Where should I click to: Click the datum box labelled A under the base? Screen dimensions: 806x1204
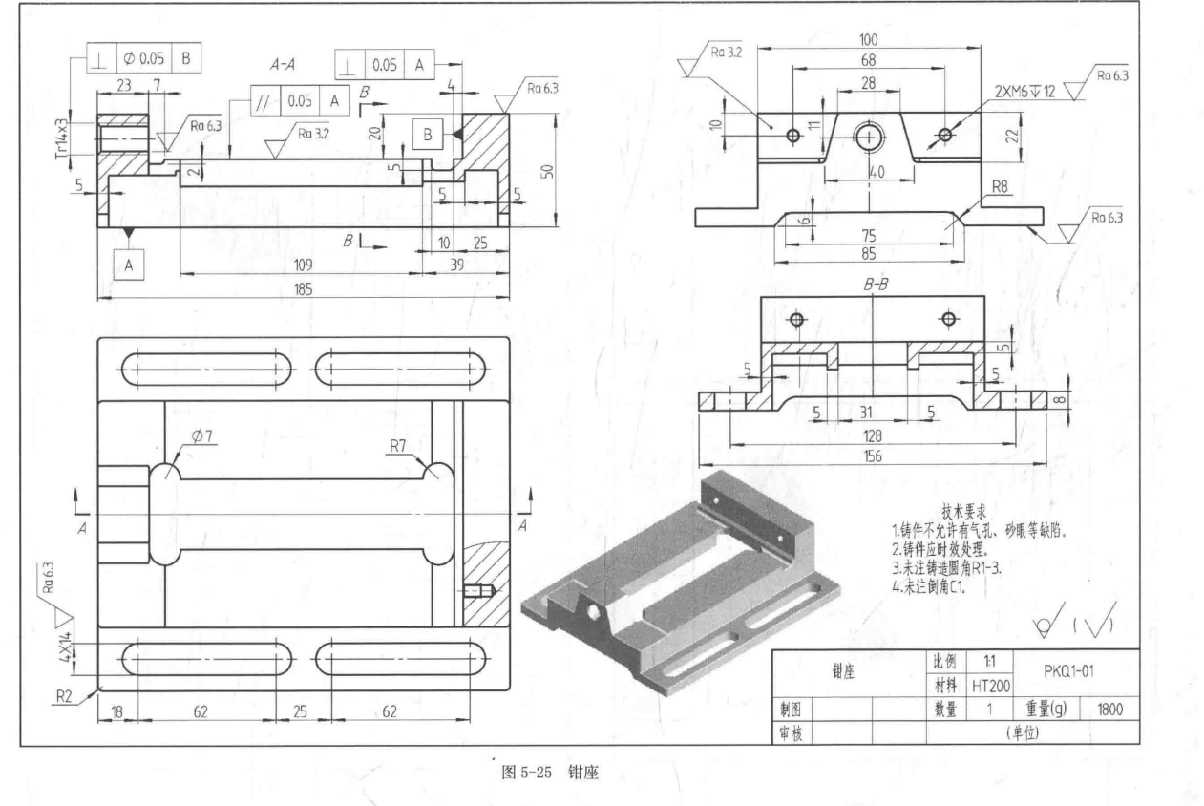[128, 262]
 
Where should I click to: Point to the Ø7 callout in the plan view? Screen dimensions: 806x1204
[202, 436]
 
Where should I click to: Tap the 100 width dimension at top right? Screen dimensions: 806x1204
[868, 41]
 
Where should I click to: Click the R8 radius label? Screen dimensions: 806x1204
[1001, 186]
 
